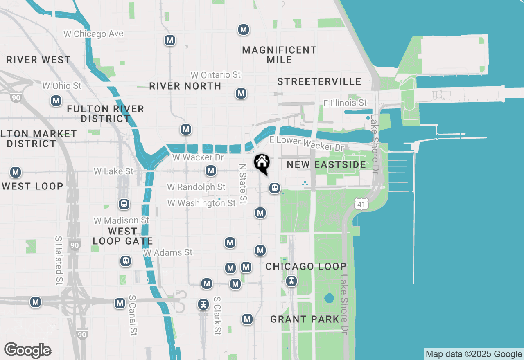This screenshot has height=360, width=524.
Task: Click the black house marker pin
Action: point(262,163)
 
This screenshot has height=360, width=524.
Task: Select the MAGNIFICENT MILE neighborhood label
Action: point(279,55)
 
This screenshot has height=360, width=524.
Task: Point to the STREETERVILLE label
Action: point(319,81)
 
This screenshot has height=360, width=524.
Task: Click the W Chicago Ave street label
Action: point(93,34)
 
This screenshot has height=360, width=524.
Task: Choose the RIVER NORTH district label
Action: point(185,86)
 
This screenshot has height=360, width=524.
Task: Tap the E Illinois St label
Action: point(345,103)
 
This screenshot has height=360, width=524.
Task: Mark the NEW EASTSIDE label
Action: point(326,164)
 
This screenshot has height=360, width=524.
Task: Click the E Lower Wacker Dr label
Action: point(307,143)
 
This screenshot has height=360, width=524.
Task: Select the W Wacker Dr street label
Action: point(198,157)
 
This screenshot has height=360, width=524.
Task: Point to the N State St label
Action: point(243,184)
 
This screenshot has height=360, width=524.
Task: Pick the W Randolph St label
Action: point(196,187)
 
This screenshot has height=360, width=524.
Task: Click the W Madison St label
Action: point(121,220)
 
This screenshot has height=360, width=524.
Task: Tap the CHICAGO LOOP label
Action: point(306,266)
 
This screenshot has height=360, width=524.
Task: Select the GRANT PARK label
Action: point(305,319)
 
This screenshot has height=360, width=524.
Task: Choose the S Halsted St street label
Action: point(59,260)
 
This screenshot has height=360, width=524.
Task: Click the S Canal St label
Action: point(132,315)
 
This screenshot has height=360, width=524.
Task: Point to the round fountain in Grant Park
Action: point(329,298)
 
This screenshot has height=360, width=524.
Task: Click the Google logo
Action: point(27,350)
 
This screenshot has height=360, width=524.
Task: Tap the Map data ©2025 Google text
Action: point(474,354)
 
